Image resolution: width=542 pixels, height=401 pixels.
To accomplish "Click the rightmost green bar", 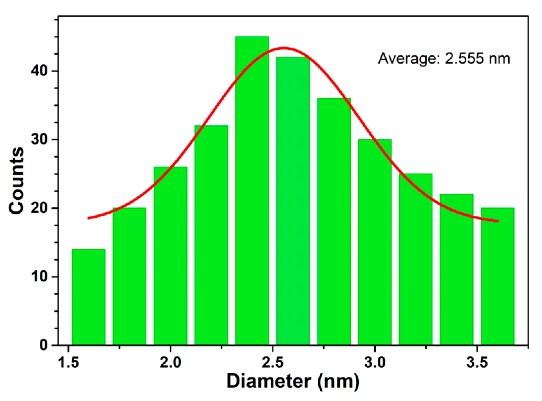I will [497, 276].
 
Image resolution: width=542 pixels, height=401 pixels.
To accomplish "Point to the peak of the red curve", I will [283, 48].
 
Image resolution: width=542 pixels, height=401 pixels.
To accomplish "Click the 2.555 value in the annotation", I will [464, 59].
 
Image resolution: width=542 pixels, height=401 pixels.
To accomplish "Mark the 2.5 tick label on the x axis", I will [273, 362].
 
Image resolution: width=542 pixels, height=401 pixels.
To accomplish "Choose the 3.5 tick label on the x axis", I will [477, 362].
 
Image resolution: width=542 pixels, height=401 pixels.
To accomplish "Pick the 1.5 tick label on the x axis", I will [68, 362].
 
